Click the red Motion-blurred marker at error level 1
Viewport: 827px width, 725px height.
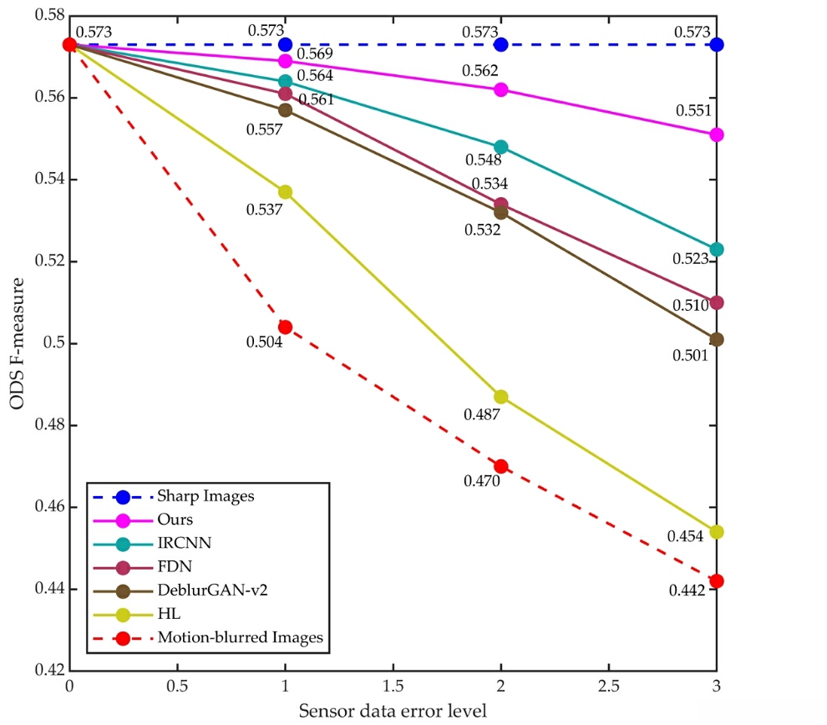285,327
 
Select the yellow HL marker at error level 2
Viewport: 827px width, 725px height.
500,396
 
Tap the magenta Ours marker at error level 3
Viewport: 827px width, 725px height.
716,134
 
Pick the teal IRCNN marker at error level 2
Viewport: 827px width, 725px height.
500,147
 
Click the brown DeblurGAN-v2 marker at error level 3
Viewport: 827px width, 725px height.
716,339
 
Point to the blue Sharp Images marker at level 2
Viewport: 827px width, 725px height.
500,44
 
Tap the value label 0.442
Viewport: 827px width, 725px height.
687,590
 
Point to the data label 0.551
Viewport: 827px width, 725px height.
694,111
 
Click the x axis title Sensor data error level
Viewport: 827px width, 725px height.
393,711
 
